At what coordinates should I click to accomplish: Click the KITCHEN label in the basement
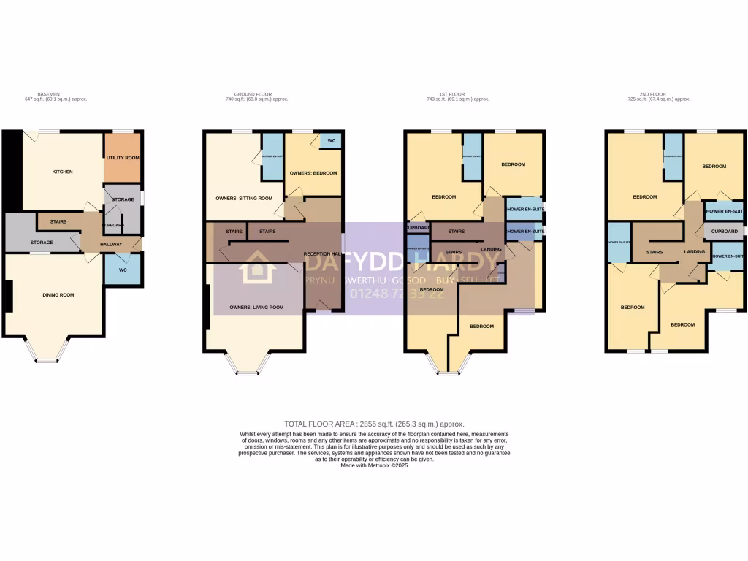click(62, 172)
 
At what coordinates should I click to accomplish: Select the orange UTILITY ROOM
click(123, 157)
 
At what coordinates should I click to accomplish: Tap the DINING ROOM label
click(58, 294)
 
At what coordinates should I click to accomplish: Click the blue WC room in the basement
click(122, 269)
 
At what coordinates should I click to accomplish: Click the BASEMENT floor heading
click(50, 94)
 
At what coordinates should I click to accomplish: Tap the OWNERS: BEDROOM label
click(313, 173)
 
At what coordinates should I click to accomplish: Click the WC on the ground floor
click(331, 140)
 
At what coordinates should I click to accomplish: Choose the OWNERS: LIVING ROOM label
click(256, 308)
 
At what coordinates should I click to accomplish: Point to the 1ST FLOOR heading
click(453, 94)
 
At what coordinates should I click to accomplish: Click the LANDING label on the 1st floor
click(492, 249)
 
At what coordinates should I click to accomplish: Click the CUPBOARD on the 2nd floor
click(724, 231)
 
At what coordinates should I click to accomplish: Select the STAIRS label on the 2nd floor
click(654, 252)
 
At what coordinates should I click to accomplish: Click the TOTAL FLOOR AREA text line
click(374, 424)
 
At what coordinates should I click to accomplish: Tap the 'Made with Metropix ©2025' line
click(374, 465)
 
